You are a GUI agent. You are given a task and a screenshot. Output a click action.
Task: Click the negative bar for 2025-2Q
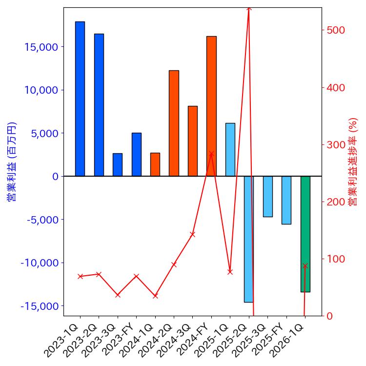(x=249, y=239)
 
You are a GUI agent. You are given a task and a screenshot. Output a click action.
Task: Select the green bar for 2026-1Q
(x=305, y=234)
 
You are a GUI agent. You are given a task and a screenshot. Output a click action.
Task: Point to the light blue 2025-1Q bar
(x=230, y=149)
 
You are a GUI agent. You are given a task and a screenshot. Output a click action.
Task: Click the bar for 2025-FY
(x=286, y=200)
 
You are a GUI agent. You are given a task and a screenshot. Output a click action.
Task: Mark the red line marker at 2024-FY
(x=211, y=154)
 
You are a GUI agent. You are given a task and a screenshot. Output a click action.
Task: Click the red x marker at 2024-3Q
(x=192, y=234)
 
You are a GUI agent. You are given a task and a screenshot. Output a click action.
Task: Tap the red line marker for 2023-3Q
(x=118, y=295)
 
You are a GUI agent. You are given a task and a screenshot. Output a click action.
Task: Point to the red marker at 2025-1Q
(x=230, y=272)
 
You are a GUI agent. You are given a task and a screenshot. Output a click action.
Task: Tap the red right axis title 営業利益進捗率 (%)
(x=353, y=161)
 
